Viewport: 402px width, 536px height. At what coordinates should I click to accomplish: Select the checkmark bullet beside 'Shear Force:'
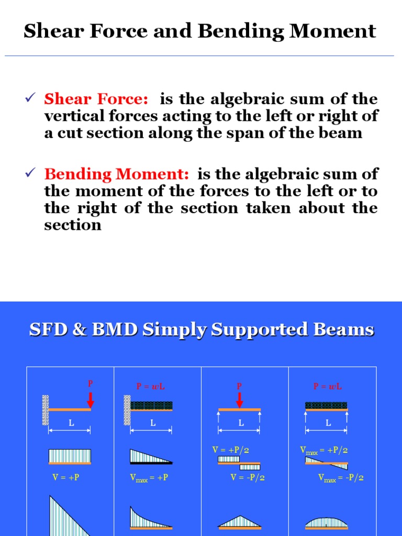coord(30,98)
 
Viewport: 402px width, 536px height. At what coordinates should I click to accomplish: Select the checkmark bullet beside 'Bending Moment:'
coord(30,173)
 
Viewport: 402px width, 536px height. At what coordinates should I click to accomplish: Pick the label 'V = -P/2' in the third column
coord(248,477)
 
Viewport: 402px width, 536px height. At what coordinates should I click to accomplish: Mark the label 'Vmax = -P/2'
coord(341,477)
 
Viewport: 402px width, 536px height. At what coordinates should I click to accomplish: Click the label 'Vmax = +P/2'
coord(324,450)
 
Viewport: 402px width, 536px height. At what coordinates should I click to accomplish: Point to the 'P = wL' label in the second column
coord(151,386)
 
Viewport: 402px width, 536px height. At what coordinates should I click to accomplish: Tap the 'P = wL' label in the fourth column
coord(327,386)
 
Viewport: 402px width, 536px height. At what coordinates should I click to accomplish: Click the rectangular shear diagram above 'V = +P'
coord(70,456)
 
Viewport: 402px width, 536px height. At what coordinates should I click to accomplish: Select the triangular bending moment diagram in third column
coord(239,521)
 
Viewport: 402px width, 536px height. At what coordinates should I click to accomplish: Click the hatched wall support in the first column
coord(46,411)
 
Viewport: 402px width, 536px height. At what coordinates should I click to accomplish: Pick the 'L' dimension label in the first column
coord(69,423)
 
